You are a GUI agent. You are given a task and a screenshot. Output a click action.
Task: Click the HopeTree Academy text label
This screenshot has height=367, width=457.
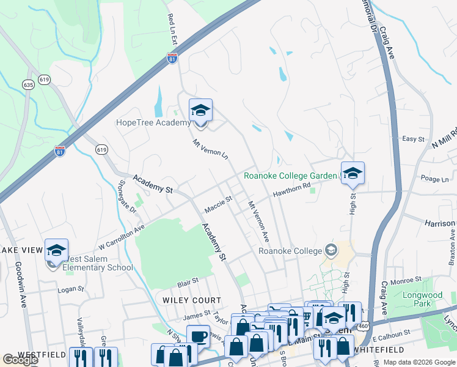click(153, 123)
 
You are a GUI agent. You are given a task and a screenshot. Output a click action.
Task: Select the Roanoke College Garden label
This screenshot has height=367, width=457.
click(290, 176)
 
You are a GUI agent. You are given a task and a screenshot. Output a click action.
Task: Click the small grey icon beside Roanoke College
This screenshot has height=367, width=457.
click(331, 250)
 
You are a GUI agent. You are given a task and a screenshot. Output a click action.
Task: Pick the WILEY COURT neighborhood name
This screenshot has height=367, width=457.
click(191, 300)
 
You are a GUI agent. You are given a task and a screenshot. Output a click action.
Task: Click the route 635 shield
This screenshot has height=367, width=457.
click(28, 84)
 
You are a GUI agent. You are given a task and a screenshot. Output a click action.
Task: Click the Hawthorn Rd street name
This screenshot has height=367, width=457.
click(292, 193)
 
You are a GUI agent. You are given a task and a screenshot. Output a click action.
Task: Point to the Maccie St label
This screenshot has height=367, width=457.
click(218, 204)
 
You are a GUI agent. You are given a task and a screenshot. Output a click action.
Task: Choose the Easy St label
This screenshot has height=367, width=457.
click(413, 139)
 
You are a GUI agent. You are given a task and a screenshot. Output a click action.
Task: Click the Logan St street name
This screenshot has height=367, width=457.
click(71, 289)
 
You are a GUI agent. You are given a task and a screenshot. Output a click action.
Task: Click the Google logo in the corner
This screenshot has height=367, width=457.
click(20, 360)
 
